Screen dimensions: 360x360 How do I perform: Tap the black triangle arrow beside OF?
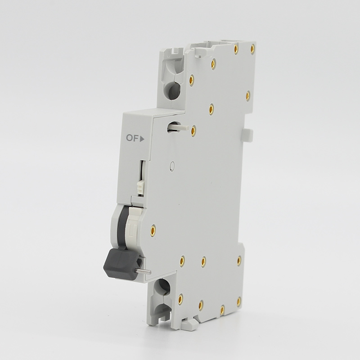(142, 139)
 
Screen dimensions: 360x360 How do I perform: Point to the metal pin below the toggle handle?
(143, 271)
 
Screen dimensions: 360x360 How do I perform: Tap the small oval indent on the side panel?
(172, 166)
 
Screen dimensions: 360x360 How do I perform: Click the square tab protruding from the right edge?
(248, 135)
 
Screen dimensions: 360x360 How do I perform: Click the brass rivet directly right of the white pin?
(193, 130)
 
